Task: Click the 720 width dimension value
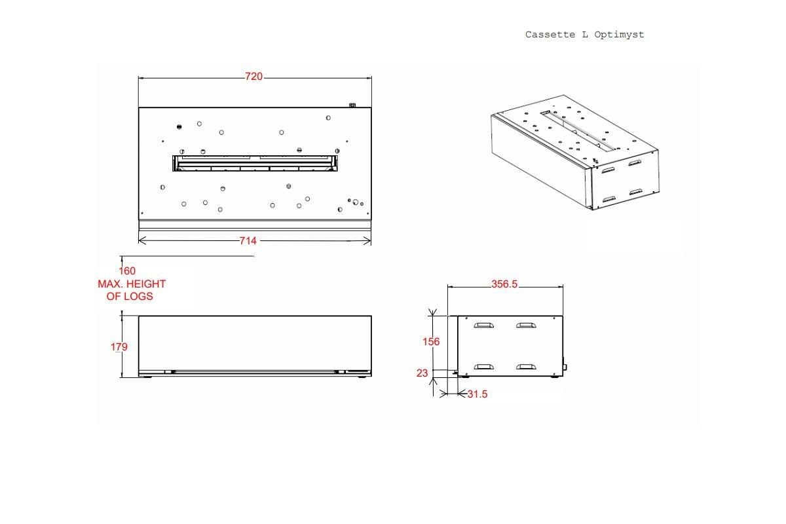pos(253,77)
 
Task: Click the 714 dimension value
pos(248,241)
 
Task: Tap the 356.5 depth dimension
pos(504,284)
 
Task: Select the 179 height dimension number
pos(119,346)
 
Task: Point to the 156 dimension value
pos(430,341)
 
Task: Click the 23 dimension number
pos(422,373)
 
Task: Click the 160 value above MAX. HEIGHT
pos(127,271)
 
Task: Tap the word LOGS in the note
pos(138,296)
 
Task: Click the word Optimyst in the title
pos(620,35)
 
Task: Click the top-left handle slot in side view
pos(485,324)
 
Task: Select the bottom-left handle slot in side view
pos(485,367)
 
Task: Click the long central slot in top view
pos(255,163)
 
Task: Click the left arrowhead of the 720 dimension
pos(141,77)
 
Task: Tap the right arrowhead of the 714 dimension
pos(368,241)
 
